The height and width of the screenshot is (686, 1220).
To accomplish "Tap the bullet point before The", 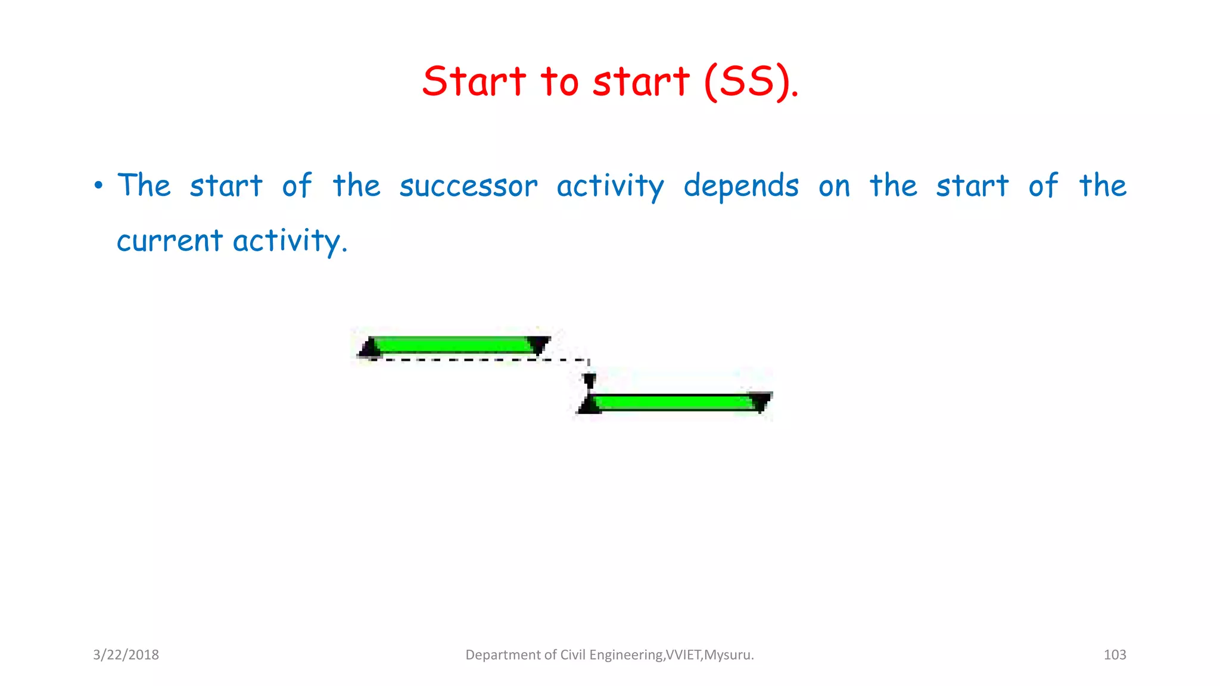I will [98, 186].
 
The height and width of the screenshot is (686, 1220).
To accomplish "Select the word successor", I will [468, 186].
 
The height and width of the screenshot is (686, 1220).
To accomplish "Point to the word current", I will [169, 241].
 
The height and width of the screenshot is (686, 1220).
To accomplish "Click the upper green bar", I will [453, 345].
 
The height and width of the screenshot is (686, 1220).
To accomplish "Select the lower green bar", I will [676, 402].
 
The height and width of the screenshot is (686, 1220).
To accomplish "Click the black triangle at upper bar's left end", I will [370, 348].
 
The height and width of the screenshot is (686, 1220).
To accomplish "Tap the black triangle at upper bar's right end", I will [539, 345].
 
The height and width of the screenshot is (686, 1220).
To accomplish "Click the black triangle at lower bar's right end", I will [761, 401].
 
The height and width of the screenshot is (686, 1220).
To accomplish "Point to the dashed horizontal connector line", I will [477, 360].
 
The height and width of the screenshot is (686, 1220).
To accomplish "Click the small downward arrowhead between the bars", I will [589, 381].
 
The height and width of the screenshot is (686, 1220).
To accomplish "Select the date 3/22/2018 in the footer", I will [126, 655].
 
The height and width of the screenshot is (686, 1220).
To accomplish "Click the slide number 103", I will [1115, 655].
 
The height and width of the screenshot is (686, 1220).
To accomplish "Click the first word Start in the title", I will [474, 82].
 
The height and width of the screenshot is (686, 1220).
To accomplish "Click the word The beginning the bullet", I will [144, 185].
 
